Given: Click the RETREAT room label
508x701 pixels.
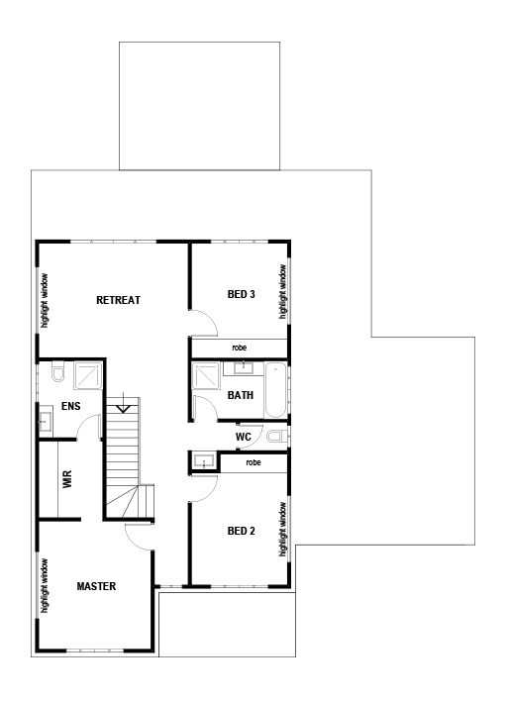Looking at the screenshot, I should click(118, 300).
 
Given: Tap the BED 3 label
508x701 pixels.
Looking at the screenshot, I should click(242, 294).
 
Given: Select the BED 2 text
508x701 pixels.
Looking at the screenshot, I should click(242, 531).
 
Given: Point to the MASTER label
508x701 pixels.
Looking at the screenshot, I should click(96, 586).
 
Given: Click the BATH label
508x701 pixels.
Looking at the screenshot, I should click(241, 395).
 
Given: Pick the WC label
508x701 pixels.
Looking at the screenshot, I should click(243, 437).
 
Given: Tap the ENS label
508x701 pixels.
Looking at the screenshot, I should click(70, 406).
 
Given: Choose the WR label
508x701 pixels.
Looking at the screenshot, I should click(67, 480).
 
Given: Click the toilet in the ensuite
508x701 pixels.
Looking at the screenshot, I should click(57, 372).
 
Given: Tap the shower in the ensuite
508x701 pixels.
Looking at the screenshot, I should click(87, 374).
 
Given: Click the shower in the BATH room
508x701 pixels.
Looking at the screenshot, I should click(208, 378).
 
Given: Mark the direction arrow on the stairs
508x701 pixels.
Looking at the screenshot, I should click(122, 405).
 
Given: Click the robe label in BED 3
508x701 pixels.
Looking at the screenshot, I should click(240, 348).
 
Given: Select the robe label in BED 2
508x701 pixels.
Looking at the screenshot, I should click(253, 462).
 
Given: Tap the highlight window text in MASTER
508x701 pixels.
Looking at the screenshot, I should click(45, 585).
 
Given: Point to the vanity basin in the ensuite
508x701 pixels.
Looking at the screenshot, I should click(45, 421).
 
